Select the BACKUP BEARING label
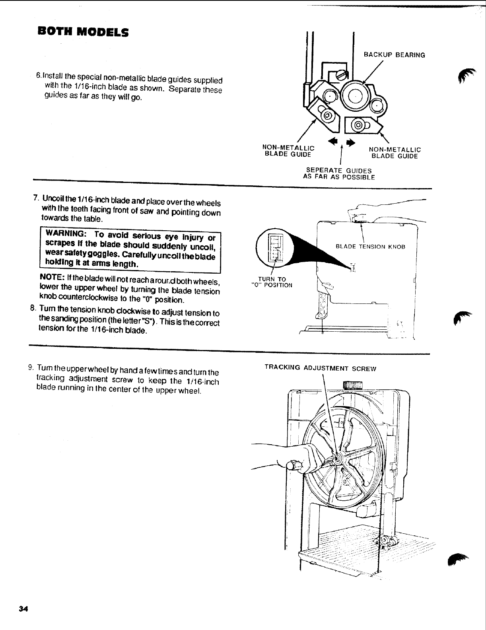(x=395, y=55)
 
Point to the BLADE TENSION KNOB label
(x=370, y=247)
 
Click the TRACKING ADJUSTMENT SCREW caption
(x=320, y=368)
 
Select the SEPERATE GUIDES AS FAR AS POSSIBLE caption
(x=339, y=174)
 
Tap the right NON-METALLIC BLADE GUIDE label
(x=395, y=153)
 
